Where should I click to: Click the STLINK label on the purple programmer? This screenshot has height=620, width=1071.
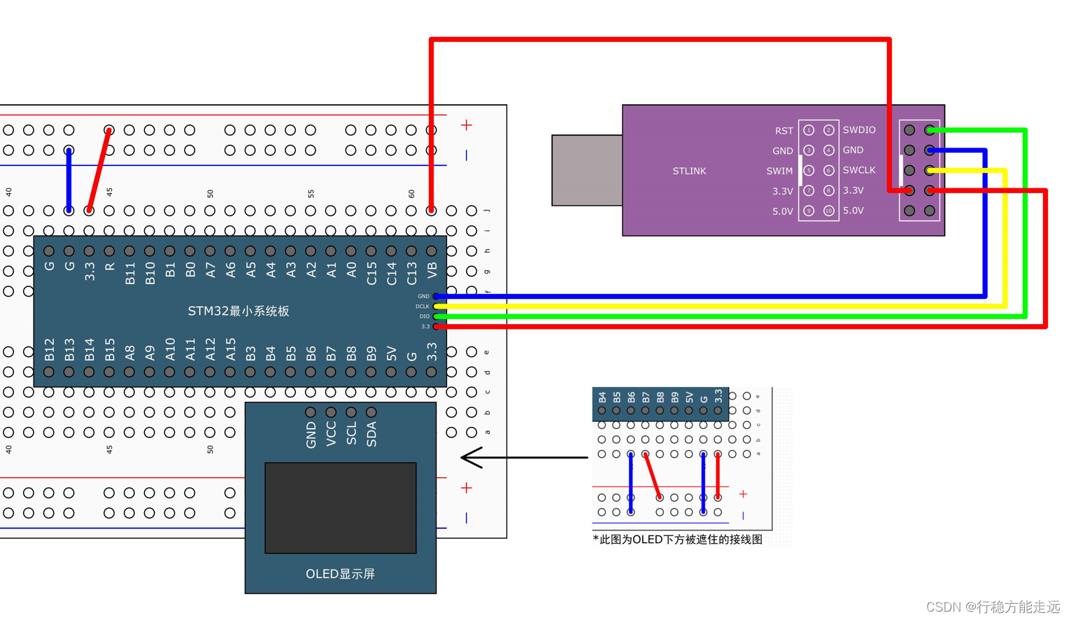tap(689, 171)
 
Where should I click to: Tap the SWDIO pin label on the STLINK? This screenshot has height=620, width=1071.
tap(859, 130)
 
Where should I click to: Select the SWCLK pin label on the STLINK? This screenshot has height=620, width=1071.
tap(859, 170)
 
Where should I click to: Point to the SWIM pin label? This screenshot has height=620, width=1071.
tap(779, 171)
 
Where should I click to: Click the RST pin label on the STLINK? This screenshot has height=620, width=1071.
tap(784, 131)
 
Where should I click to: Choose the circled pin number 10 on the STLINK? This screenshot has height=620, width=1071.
tap(829, 211)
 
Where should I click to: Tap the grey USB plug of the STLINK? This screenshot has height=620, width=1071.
tap(587, 170)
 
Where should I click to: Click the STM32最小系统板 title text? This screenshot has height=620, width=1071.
tap(239, 311)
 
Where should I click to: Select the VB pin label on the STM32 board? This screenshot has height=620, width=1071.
tap(432, 269)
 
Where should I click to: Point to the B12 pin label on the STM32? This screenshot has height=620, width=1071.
tap(49, 349)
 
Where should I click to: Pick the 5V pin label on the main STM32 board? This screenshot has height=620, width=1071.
tap(392, 353)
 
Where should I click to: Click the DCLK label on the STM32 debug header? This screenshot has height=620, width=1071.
tap(423, 307)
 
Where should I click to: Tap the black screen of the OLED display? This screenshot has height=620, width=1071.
tap(341, 507)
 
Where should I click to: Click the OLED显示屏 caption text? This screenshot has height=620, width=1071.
tap(340, 574)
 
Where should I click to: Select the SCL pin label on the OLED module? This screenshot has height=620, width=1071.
tap(351, 433)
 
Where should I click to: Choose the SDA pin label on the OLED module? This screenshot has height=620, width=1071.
tap(371, 434)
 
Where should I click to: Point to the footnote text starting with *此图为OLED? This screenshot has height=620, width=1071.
tap(677, 540)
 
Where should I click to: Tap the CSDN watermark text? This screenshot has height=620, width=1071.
tap(993, 607)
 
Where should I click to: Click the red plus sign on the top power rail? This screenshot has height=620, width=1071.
tap(467, 125)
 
